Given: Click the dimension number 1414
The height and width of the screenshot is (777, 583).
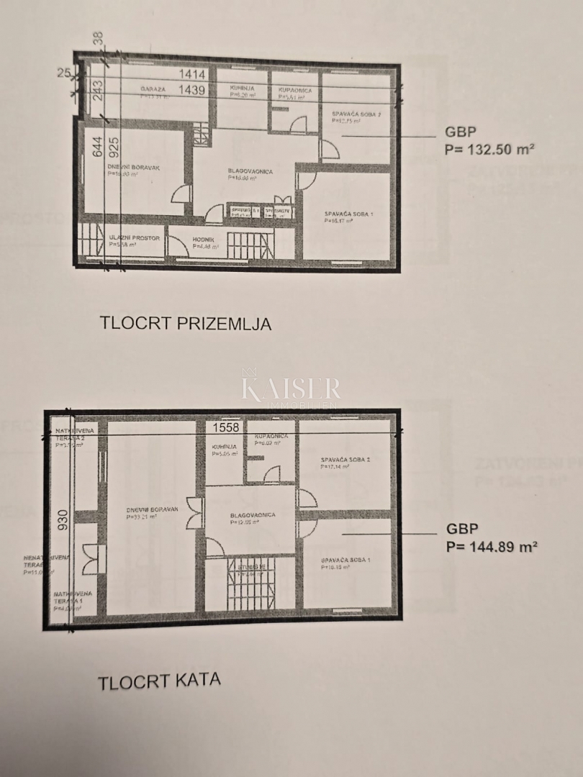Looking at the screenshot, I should [x=192, y=74].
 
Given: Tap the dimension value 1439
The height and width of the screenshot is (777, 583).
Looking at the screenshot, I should [x=192, y=90].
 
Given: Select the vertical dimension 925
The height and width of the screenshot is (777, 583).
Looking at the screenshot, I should [x=114, y=153].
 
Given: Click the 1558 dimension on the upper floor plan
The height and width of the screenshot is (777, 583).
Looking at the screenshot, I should [x=225, y=427].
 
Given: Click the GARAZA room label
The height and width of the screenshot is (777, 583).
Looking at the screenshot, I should [x=153, y=89].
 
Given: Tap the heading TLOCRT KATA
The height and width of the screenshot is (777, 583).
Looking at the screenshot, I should [x=159, y=680].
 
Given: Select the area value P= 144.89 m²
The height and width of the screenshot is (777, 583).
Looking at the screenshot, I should [x=492, y=546].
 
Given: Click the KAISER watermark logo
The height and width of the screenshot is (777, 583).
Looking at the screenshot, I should [x=291, y=389].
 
